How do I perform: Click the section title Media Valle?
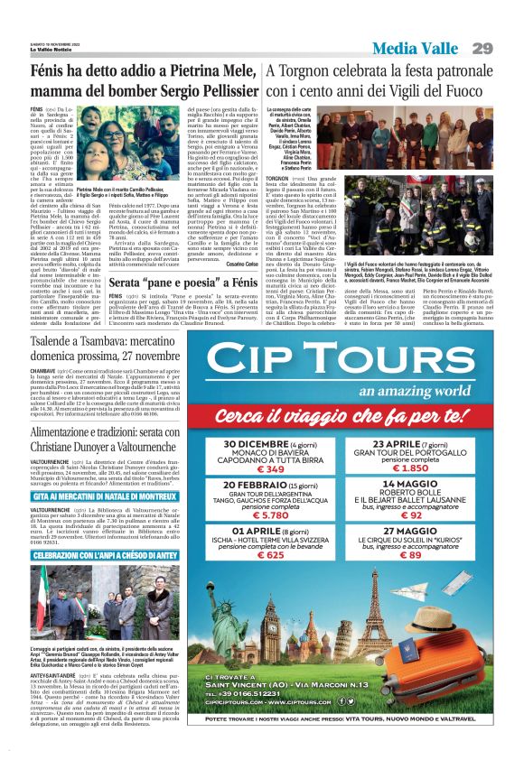[x=417, y=48]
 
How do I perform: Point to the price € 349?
[x=273, y=468]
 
